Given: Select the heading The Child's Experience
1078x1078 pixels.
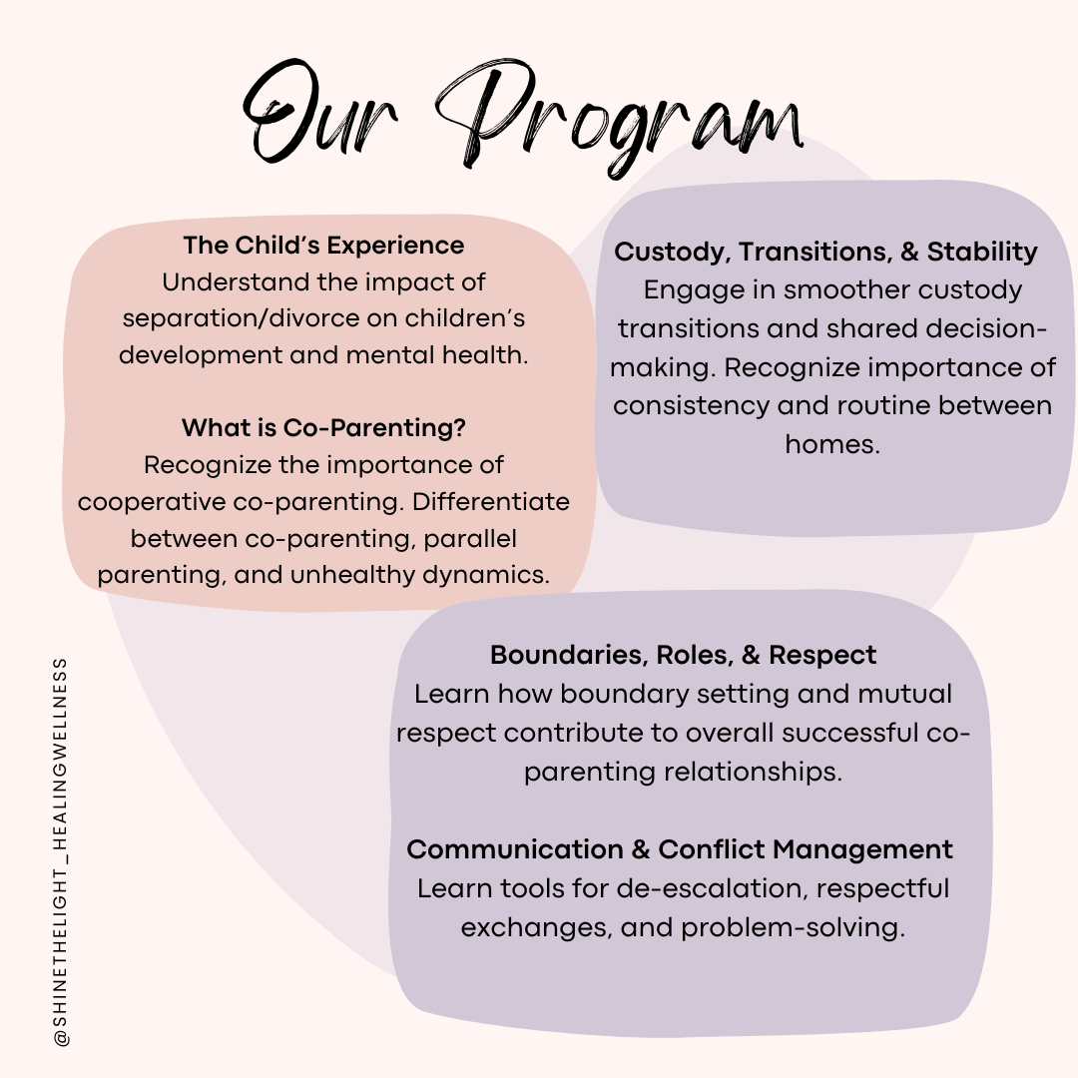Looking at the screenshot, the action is [323, 246].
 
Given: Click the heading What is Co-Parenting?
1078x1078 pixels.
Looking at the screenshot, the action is [323, 428].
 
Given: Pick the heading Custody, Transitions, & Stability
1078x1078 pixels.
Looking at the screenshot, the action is [825, 252].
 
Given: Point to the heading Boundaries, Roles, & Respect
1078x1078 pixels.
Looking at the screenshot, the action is [683, 655].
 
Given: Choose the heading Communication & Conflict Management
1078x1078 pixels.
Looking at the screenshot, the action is [680, 849].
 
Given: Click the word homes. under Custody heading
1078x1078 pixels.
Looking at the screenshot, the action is [832, 444].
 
